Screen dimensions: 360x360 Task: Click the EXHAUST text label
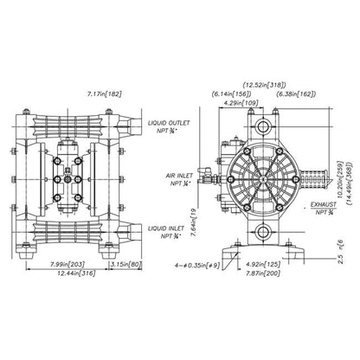pyautogui.click(x=327, y=208)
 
